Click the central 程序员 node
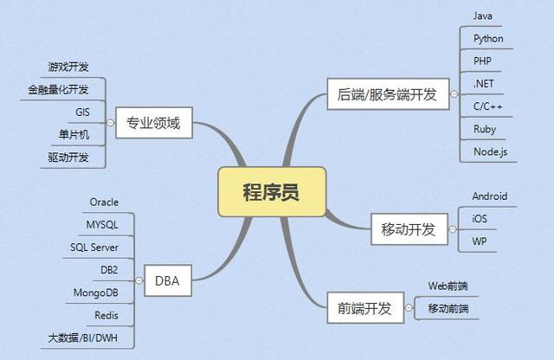pos(272,191)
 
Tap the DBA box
pos(167,279)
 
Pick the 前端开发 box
pos(365,307)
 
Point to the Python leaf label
pos(488,38)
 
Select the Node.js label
pos(489,151)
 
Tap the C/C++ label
pos(488,106)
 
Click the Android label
pos(490,196)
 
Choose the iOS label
pos(480,219)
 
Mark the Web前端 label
pos(448,286)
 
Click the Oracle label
pos(104,202)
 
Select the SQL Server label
pos(94,247)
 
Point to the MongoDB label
pos(96,292)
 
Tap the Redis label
pos(107,314)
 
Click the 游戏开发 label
pos(68,67)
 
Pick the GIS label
pos(84,112)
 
